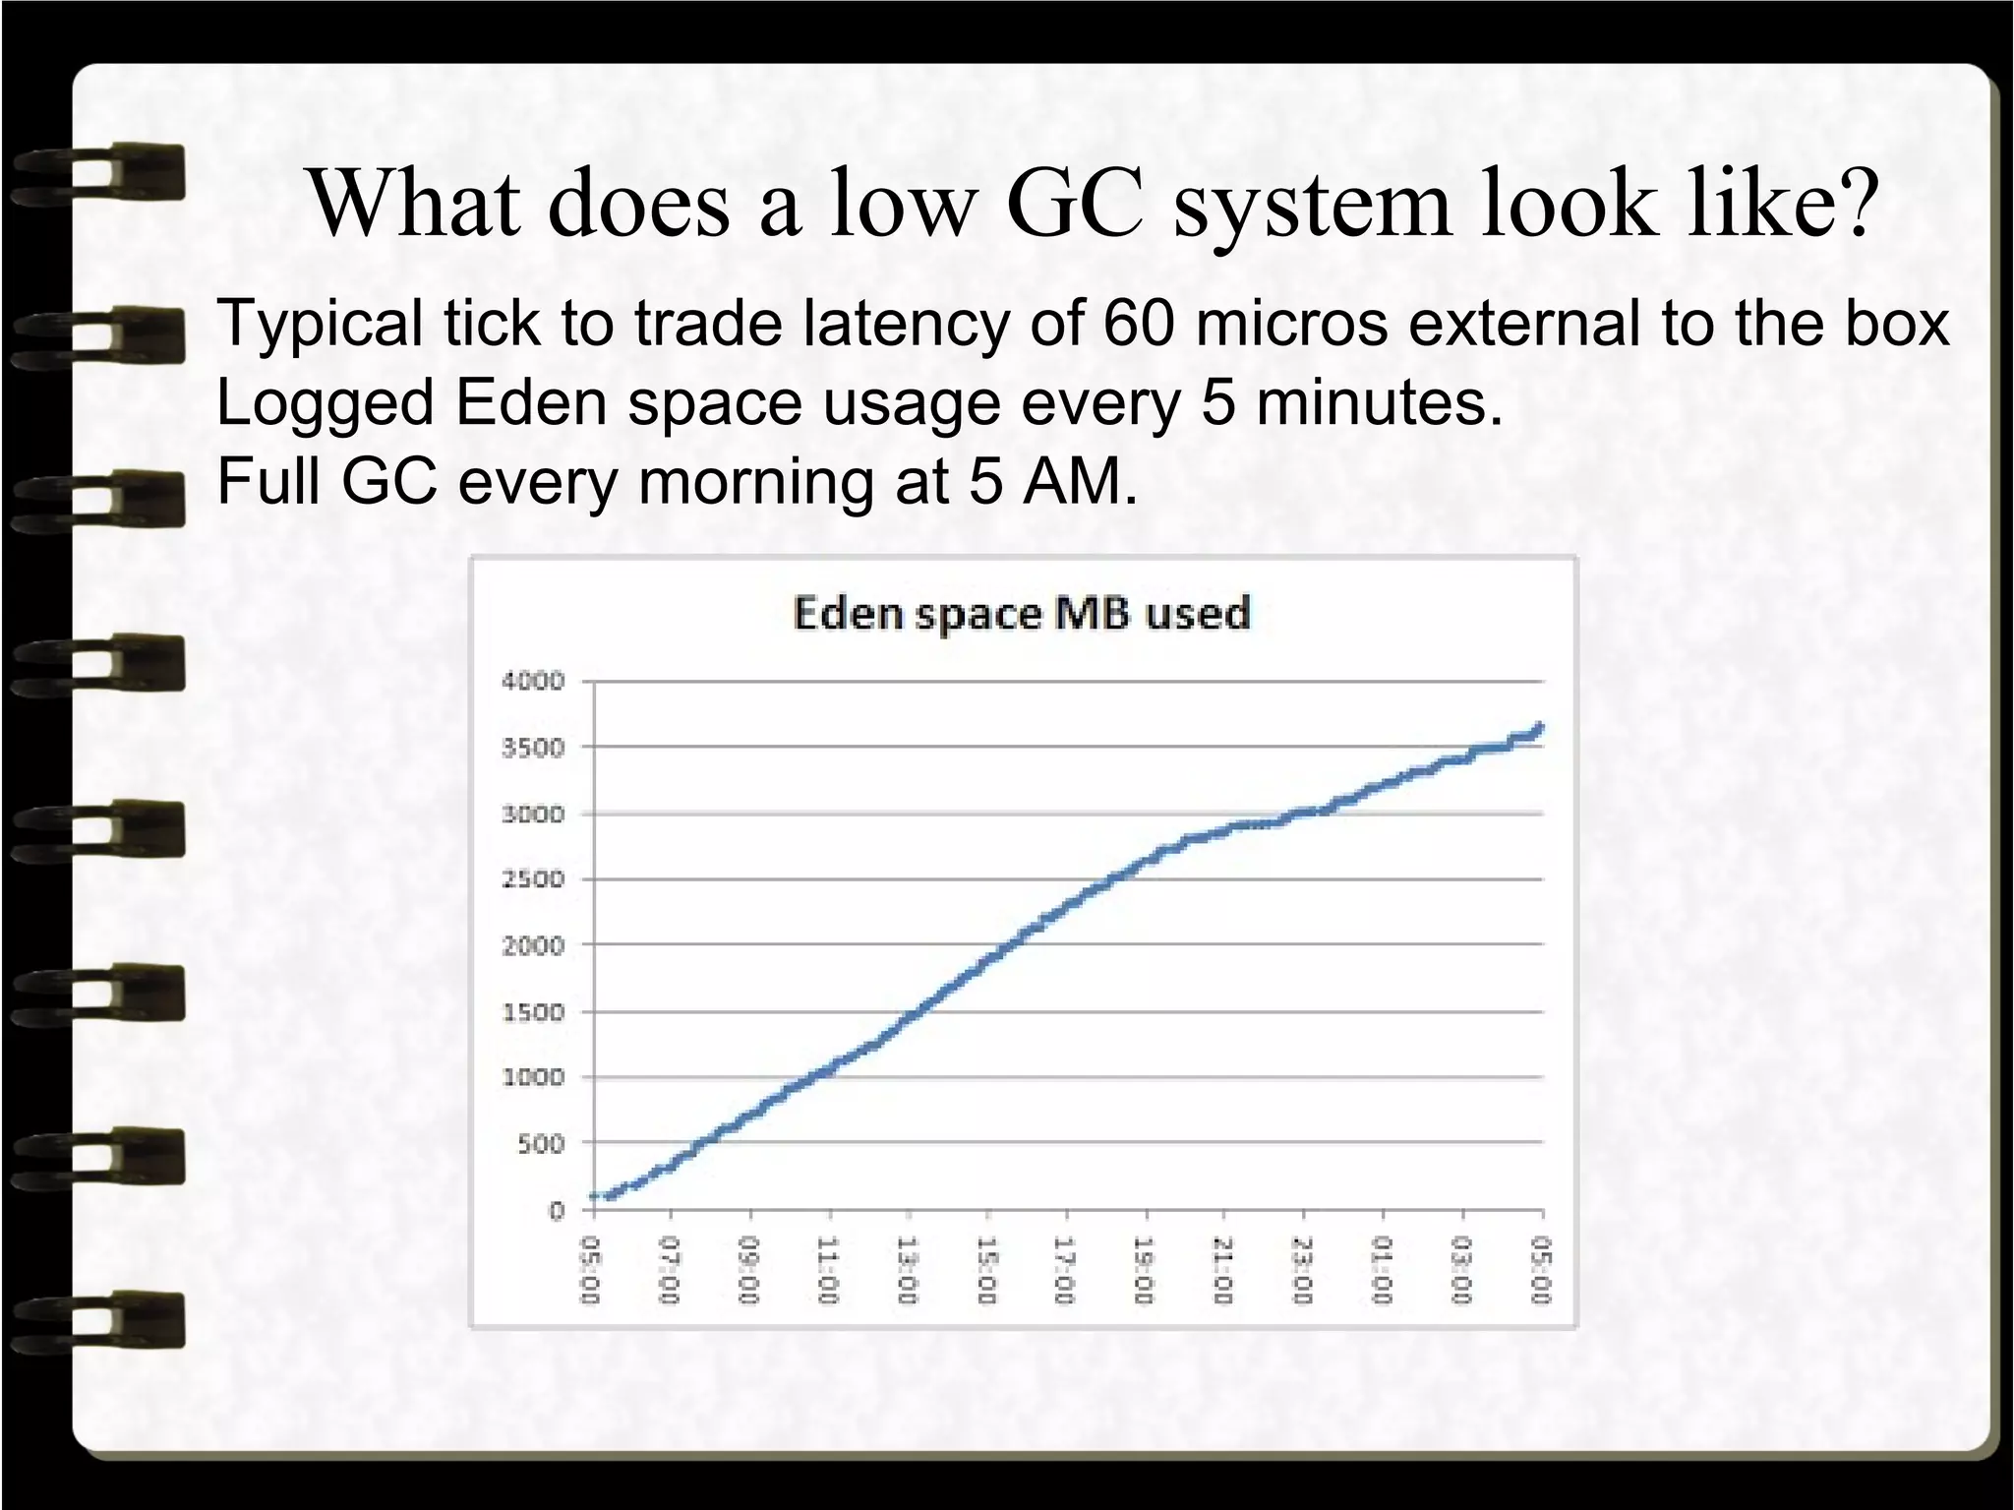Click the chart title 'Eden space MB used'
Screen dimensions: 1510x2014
click(x=1021, y=614)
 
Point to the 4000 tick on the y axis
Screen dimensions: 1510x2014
click(x=533, y=681)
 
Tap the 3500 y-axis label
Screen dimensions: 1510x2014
click(x=533, y=748)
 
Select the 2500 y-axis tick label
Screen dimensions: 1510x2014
click(x=533, y=879)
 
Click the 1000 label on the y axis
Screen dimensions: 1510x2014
click(x=533, y=1077)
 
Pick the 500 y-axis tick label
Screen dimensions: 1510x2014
click(x=540, y=1143)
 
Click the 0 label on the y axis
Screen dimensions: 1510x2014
click(x=557, y=1210)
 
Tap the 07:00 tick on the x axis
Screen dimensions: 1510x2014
click(x=670, y=1270)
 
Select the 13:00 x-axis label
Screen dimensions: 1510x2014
click(x=907, y=1270)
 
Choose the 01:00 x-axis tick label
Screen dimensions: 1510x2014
click(x=1383, y=1270)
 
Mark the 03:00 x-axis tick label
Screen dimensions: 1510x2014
click(x=1462, y=1270)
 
